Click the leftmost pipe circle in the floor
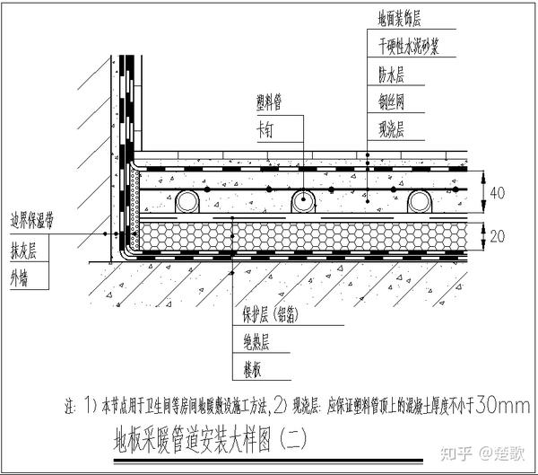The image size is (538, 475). (x=187, y=201)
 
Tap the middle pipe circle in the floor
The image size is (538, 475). (x=303, y=201)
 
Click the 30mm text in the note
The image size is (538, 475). (x=502, y=405)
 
